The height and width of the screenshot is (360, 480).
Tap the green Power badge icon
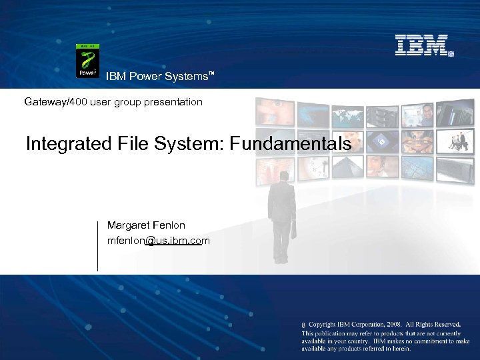click(x=87, y=61)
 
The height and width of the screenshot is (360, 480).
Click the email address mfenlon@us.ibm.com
click(x=159, y=240)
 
